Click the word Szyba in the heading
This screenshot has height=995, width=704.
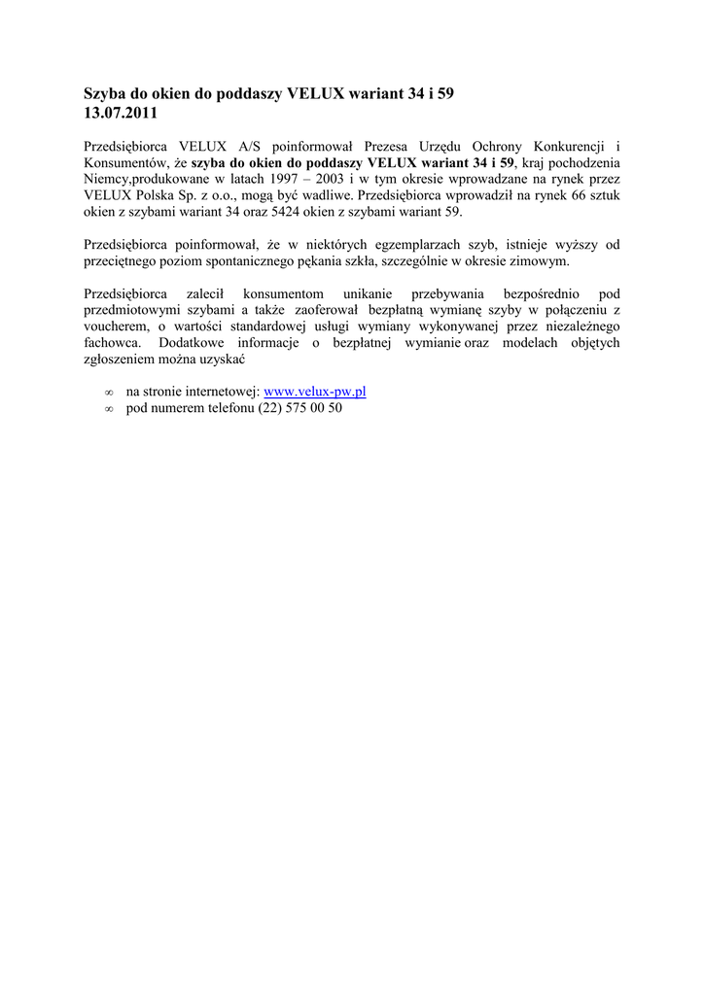(104, 94)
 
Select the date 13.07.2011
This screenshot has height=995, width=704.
(120, 113)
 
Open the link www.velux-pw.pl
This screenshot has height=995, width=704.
(315, 392)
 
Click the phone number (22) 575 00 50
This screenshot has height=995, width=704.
(300, 408)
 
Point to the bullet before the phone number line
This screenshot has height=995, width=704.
(109, 409)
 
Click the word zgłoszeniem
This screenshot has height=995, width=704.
(123, 360)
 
